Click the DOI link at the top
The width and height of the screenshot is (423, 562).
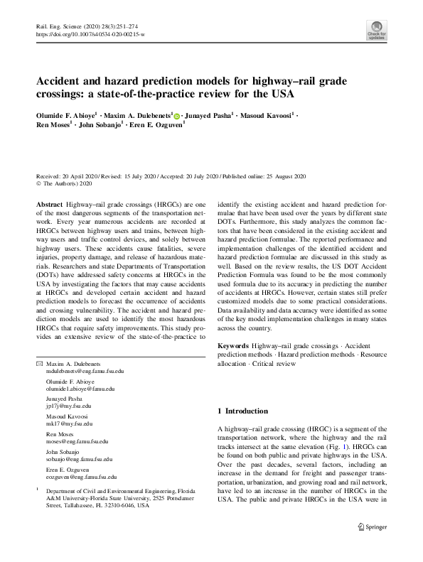pyautogui.click(x=90, y=34)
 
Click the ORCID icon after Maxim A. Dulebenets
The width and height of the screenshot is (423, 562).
pyautogui.click(x=177, y=114)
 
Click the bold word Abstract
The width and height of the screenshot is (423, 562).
pyautogui.click(x=49, y=204)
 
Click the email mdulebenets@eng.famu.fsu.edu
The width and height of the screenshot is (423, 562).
pyautogui.click(x=85, y=371)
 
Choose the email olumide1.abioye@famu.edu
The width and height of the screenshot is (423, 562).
pyautogui.click(x=80, y=389)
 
